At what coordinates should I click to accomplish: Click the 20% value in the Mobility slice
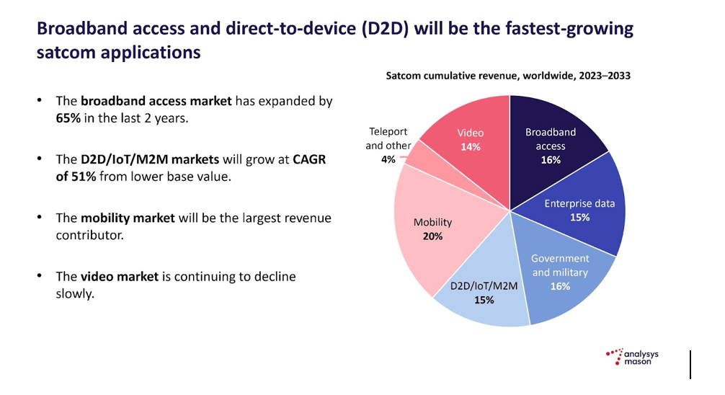pyautogui.click(x=433, y=236)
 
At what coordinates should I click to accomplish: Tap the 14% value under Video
pyautogui.click(x=470, y=146)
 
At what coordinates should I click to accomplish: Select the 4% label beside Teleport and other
pyautogui.click(x=388, y=159)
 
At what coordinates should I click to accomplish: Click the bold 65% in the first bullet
pyautogui.click(x=69, y=118)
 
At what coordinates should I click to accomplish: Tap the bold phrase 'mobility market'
pyautogui.click(x=128, y=218)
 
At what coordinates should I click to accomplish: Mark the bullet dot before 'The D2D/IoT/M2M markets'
pyautogui.click(x=40, y=159)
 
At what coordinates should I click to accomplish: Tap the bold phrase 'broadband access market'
pyautogui.click(x=156, y=101)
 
